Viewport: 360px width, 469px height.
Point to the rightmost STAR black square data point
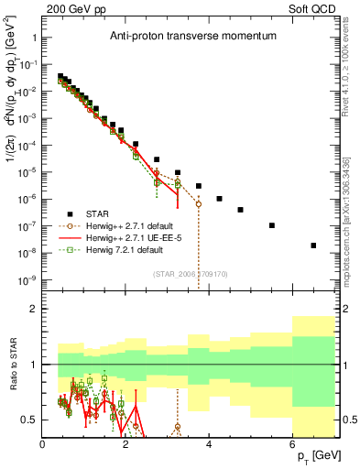(313, 245)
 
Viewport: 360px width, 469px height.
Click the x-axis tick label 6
(292, 444)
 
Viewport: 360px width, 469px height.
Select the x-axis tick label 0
(43, 444)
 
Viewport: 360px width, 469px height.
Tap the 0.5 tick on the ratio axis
(30, 420)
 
